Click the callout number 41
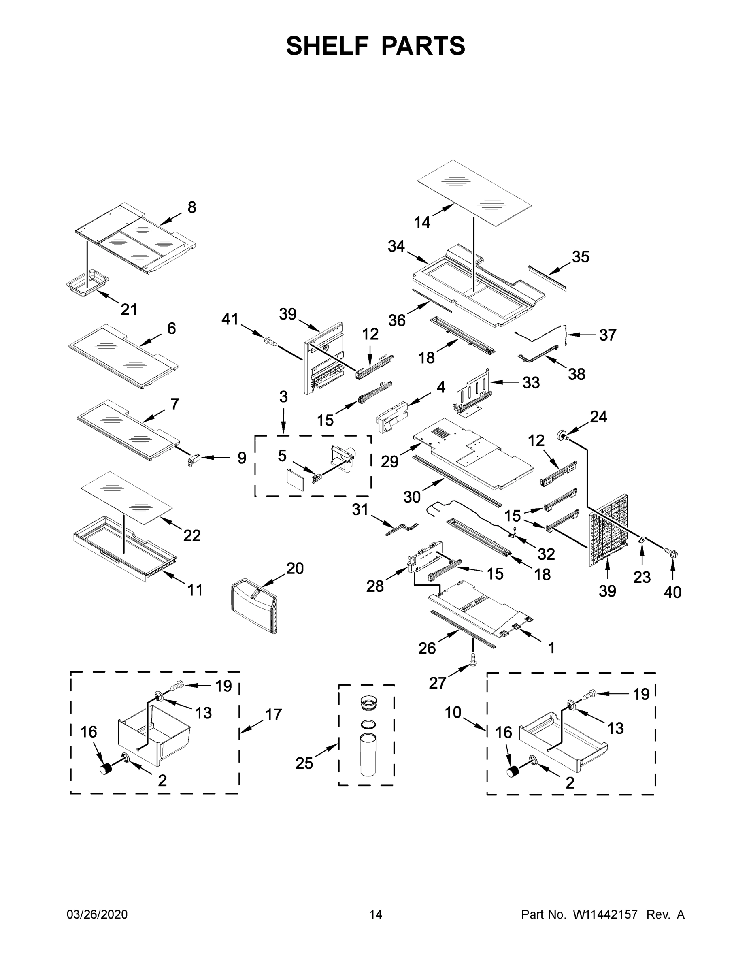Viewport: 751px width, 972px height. click(230, 319)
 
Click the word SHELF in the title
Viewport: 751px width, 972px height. click(328, 46)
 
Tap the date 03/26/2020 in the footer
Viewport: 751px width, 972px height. click(97, 914)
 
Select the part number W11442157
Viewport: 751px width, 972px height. click(605, 914)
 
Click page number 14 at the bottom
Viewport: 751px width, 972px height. click(376, 914)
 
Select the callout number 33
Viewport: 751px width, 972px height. click(531, 382)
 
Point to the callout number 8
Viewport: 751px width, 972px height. click(192, 207)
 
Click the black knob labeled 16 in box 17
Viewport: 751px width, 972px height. click(106, 769)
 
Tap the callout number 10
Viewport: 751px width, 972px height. click(453, 712)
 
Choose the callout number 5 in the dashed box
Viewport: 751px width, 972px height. click(282, 456)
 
